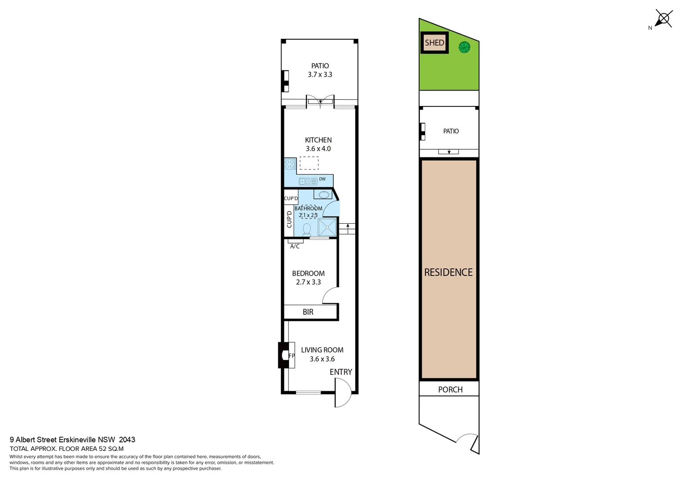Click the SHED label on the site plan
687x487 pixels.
pyautogui.click(x=434, y=43)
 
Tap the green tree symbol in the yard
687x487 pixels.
pyautogui.click(x=464, y=47)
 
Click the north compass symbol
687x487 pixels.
pyautogui.click(x=663, y=19)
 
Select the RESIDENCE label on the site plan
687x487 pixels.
pyautogui.click(x=448, y=272)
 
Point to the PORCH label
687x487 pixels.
pyautogui.click(x=450, y=390)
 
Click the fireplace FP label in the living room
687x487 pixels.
pyautogui.click(x=291, y=356)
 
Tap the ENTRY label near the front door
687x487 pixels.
pyautogui.click(x=341, y=372)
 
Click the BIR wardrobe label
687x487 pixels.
pyautogui.click(x=308, y=312)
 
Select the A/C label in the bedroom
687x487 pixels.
pyautogui.click(x=295, y=246)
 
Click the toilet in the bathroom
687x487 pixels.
pyautogui.click(x=307, y=230)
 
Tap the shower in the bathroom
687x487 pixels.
pyautogui.click(x=327, y=227)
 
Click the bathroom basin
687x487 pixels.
pyautogui.click(x=323, y=194)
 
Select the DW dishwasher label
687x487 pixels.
pyautogui.click(x=322, y=179)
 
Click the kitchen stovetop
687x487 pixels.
pyautogui.click(x=290, y=164)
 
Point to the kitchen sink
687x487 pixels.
pyautogui.click(x=308, y=181)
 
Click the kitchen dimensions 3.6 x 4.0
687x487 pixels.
pyautogui.click(x=318, y=149)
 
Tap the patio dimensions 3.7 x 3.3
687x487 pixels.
pyautogui.click(x=320, y=75)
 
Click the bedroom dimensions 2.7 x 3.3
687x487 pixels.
pyautogui.click(x=308, y=282)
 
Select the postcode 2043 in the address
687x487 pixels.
pyautogui.click(x=127, y=440)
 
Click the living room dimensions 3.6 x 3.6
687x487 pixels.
pyautogui.click(x=322, y=359)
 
